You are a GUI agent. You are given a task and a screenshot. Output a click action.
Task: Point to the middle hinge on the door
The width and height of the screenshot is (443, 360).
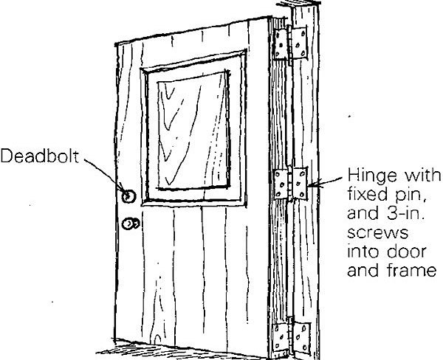tap(292, 184)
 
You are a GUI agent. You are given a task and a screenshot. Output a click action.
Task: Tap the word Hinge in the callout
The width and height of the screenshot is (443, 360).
tap(366, 179)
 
